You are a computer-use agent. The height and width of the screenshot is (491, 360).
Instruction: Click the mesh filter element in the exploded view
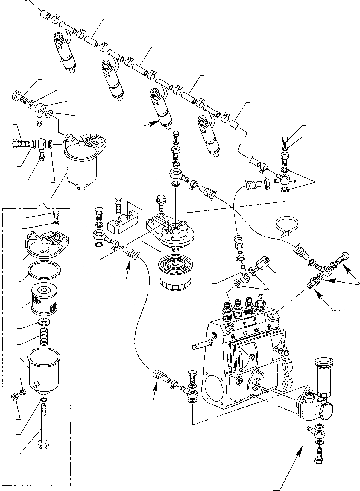click(x=43, y=299)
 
